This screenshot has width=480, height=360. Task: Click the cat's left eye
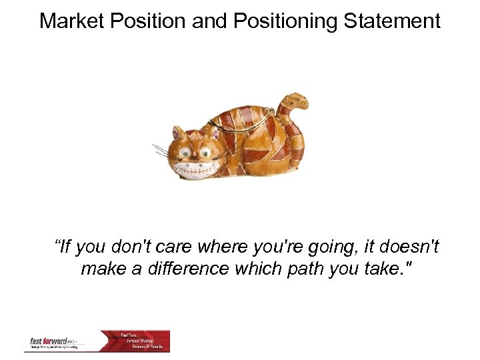pos(186,151)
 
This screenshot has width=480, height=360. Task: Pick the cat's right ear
pos(215,131)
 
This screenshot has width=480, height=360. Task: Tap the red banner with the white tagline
pos(144,341)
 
